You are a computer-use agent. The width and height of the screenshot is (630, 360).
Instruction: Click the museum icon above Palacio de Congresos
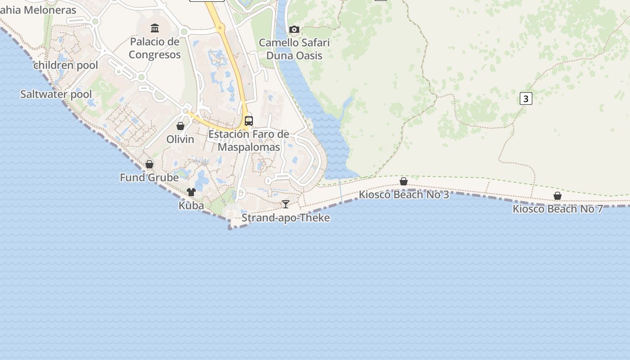point(155,29)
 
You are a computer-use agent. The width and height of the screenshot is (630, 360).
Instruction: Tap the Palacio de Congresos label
point(155,48)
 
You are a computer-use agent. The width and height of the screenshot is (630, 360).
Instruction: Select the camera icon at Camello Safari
point(294,30)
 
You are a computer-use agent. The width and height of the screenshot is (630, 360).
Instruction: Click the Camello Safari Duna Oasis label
point(294,49)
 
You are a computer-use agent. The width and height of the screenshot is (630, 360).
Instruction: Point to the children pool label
point(66,65)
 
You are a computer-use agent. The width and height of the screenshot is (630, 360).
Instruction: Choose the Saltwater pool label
point(56,94)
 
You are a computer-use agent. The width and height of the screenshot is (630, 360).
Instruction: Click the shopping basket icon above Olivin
point(180,126)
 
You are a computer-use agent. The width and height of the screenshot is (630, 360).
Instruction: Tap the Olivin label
point(180,139)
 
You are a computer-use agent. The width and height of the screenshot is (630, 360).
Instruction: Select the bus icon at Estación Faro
point(249,121)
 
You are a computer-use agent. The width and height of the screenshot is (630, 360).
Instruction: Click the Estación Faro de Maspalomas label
point(249,141)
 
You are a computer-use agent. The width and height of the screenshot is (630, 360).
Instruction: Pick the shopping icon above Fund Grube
point(149,164)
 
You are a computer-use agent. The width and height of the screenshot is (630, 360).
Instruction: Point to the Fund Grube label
point(149,178)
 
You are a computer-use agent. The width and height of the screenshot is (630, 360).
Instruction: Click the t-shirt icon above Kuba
point(191,192)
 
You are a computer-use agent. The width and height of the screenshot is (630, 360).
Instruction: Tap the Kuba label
point(191,206)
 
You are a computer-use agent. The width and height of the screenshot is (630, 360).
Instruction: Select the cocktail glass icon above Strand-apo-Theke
point(286,204)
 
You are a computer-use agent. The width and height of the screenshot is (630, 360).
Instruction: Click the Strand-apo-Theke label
point(286,218)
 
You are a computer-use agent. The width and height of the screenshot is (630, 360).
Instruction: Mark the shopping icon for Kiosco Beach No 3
point(404,181)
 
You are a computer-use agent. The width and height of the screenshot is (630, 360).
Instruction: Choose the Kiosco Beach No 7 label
point(558,209)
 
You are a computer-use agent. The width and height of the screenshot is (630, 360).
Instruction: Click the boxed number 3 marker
point(526,98)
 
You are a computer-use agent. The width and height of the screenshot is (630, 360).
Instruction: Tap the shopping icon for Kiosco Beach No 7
point(558,196)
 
